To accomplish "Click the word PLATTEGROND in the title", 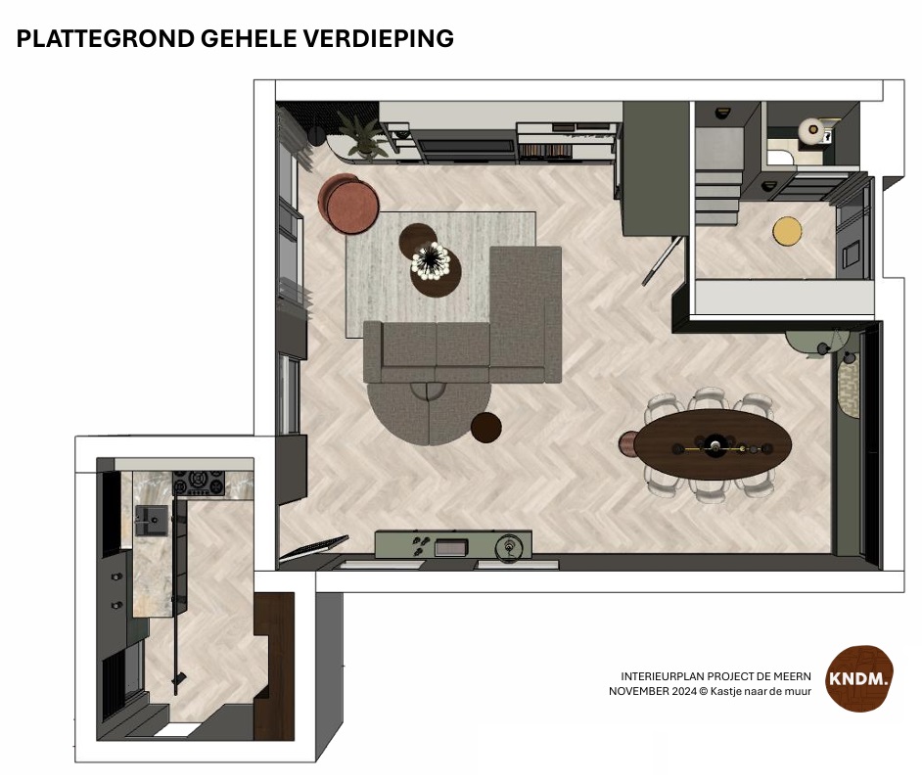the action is click(x=106, y=39).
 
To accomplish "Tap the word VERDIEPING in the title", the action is click(x=378, y=39).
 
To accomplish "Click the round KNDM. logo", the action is click(x=859, y=678).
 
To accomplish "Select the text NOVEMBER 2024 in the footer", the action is click(x=652, y=692).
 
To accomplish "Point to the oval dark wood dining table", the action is click(x=714, y=444).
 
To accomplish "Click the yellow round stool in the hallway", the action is click(x=787, y=231).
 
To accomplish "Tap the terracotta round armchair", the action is click(x=349, y=203).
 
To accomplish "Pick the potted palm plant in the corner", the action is click(x=360, y=135).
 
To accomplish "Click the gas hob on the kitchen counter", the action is click(x=199, y=483).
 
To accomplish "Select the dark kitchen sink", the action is click(x=151, y=520).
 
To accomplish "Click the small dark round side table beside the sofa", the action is click(x=486, y=427).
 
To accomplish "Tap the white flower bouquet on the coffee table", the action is click(x=431, y=259).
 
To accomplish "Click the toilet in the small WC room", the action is click(x=812, y=130).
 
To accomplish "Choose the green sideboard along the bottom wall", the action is click(x=453, y=544).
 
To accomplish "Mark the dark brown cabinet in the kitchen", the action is click(x=274, y=666).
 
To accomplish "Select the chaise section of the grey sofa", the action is click(x=525, y=314).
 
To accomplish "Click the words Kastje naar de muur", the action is click(x=761, y=692).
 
